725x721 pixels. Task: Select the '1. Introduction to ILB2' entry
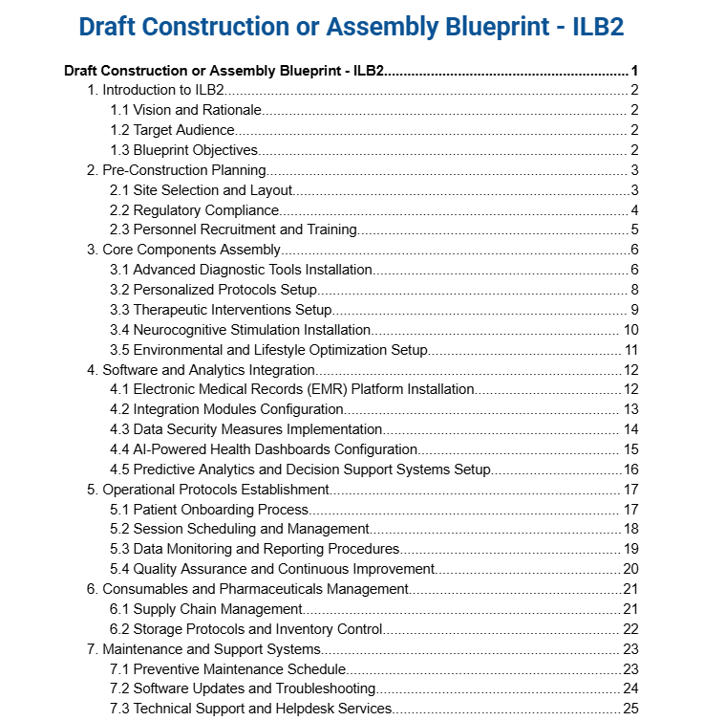tap(156, 90)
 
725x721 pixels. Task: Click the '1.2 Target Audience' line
tap(172, 130)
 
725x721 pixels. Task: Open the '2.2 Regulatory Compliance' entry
tap(194, 210)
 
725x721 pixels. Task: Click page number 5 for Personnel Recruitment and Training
tap(634, 229)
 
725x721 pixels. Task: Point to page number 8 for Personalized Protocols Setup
tap(634, 290)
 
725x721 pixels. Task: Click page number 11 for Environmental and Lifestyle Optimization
tap(631, 350)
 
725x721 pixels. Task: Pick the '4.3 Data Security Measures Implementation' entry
tap(246, 429)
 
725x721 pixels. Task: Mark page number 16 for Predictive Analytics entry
tap(630, 470)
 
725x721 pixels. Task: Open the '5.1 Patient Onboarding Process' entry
tap(209, 510)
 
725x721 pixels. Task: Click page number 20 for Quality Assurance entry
tap(630, 569)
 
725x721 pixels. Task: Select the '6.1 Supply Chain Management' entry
tap(206, 609)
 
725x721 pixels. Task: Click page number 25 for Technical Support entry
tap(630, 709)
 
